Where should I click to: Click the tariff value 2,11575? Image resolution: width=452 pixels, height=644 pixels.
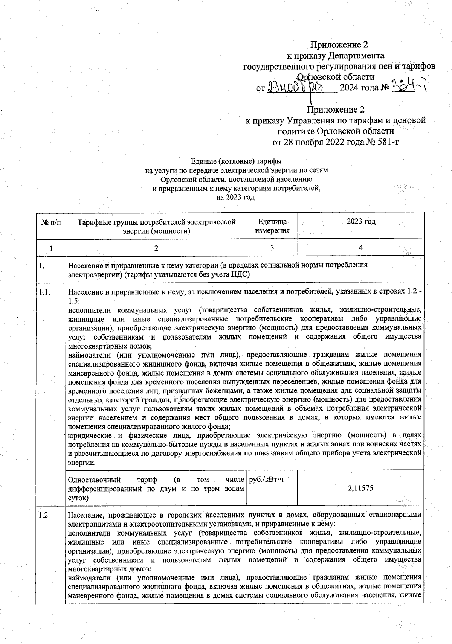coord(360,488)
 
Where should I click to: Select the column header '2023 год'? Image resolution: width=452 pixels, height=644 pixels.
coord(360,222)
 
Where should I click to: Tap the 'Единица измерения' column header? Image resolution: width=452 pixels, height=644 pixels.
coord(272,226)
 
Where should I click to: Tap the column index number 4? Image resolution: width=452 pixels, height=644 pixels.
coord(360,248)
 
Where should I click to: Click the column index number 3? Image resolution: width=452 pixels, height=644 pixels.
coord(272,248)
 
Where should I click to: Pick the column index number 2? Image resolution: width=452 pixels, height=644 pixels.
coord(156,248)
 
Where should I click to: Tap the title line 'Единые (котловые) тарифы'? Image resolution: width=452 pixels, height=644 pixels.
coord(236,161)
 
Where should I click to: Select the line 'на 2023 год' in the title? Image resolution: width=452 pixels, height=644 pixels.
coord(236,197)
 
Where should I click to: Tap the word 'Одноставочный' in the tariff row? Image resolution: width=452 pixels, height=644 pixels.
coord(94,480)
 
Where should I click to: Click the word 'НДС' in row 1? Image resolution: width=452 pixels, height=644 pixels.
coord(242,274)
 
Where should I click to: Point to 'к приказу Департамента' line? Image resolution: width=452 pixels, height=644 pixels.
coord(336,56)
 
